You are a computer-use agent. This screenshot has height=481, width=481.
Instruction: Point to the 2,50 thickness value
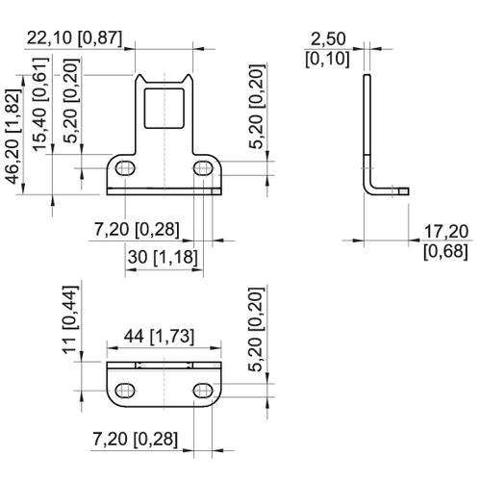[329, 38]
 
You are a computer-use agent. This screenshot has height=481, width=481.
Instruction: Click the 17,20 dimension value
[446, 231]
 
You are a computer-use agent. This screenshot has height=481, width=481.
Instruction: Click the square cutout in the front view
[165, 108]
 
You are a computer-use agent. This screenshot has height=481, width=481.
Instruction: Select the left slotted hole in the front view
[125, 168]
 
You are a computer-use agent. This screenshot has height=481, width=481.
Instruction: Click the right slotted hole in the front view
[203, 168]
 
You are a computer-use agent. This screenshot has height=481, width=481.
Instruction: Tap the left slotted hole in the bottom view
[125, 391]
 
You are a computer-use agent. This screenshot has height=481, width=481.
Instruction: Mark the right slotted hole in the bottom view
[203, 391]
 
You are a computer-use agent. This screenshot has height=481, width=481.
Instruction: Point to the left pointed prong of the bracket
[139, 79]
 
